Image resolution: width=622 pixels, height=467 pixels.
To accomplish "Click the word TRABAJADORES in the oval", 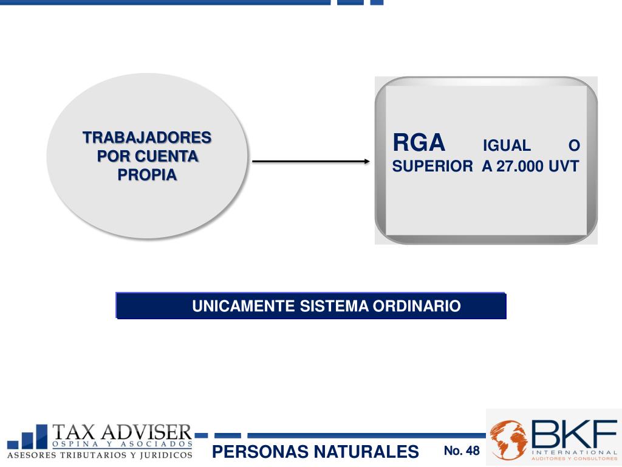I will pos(147,137).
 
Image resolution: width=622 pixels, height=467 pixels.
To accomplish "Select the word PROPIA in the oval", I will pos(147,175).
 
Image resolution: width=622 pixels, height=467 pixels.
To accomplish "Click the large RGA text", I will pos(419,144).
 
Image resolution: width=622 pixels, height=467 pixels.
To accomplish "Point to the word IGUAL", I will pos(507,146).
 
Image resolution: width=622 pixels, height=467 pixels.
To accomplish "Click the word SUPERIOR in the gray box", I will pos(432,167).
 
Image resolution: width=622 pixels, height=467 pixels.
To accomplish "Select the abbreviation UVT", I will pos(564,167).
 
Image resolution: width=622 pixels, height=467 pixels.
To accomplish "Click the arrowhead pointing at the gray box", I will pos(366,161).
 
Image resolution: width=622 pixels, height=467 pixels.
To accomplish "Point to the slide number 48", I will pos(473,451).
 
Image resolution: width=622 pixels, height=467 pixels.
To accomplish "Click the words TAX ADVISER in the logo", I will pos(121,432).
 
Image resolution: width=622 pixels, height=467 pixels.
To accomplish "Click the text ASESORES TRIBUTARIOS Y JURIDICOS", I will pos(100,455).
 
